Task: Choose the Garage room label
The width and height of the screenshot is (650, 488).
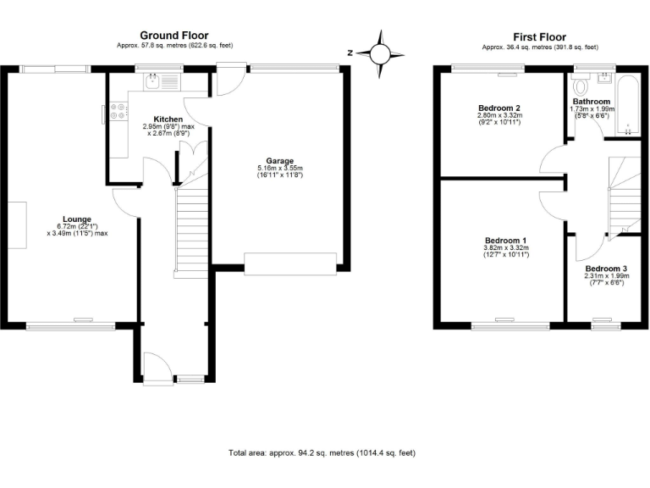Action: point(279,160)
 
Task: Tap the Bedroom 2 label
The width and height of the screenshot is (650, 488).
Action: point(499,108)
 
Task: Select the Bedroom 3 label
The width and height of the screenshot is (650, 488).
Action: point(606,269)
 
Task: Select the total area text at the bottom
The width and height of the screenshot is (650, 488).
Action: point(322,453)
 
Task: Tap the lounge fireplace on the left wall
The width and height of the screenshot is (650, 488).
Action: point(18,225)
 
